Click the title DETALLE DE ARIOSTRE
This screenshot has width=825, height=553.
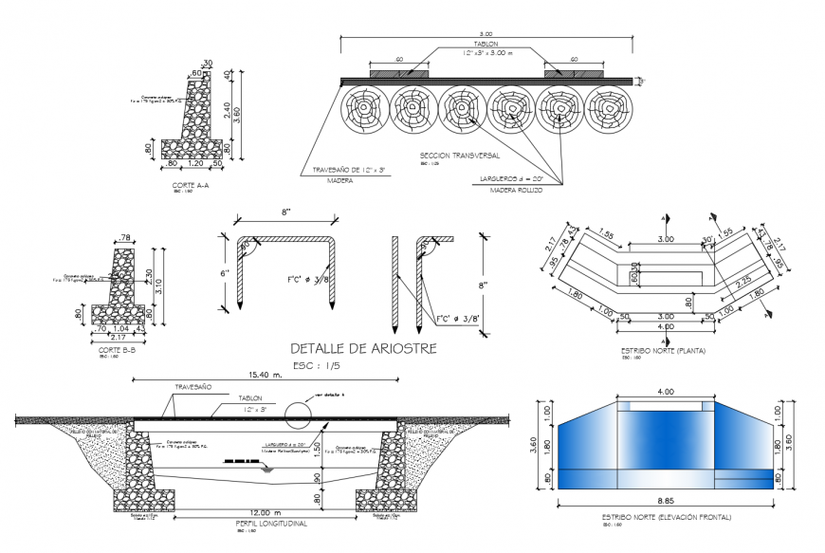point(363,348)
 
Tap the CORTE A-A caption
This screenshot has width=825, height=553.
point(192,186)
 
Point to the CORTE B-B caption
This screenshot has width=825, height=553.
point(118,349)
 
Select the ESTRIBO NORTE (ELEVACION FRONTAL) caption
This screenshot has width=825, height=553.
point(666,517)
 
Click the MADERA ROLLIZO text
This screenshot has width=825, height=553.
point(516,190)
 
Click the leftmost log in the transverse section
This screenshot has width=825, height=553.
point(362,111)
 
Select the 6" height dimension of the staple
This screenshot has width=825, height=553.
point(226,273)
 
